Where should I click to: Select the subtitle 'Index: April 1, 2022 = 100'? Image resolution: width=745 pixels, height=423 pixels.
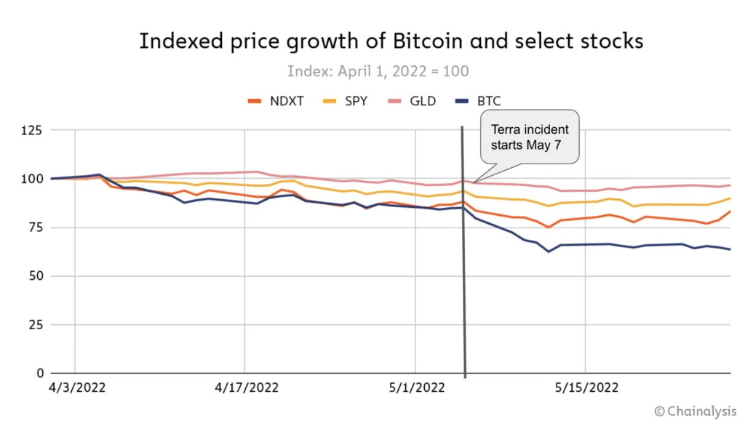click(x=378, y=71)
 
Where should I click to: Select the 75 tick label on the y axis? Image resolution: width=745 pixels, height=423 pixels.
click(x=34, y=227)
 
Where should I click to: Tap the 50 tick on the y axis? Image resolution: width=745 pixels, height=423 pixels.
click(x=34, y=276)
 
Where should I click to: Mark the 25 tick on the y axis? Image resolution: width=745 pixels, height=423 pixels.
click(x=34, y=325)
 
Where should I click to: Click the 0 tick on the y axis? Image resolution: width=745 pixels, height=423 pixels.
click(x=38, y=374)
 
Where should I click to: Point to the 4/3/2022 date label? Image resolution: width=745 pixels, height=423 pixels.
click(x=76, y=388)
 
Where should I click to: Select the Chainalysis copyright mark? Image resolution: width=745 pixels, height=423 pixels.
click(x=696, y=411)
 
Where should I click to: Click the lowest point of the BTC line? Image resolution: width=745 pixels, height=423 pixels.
click(x=549, y=251)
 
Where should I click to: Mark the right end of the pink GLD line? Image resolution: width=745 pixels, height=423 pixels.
click(x=730, y=185)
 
